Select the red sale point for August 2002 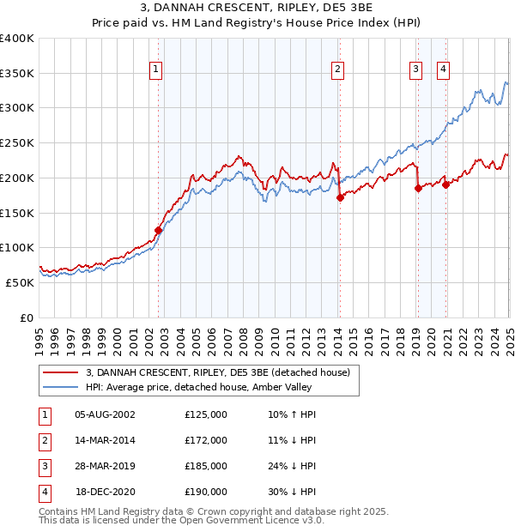158,230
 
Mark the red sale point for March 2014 340,197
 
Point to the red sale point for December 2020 446,184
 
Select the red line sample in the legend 60,372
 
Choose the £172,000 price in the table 206,440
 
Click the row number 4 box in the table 43,492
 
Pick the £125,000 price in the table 206,414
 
